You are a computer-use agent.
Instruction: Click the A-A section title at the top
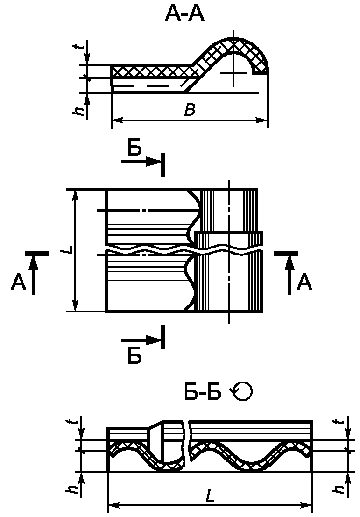pyautogui.click(x=184, y=14)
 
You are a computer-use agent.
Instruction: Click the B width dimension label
pyautogui.click(x=190, y=110)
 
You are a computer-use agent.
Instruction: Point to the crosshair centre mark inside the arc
pyautogui.click(x=233, y=73)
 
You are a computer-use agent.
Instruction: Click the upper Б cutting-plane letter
pyautogui.click(x=135, y=149)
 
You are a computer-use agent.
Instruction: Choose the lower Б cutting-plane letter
pyautogui.click(x=135, y=357)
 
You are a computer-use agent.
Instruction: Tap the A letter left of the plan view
pyautogui.click(x=19, y=283)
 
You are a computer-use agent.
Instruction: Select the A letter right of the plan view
pyautogui.click(x=304, y=283)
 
